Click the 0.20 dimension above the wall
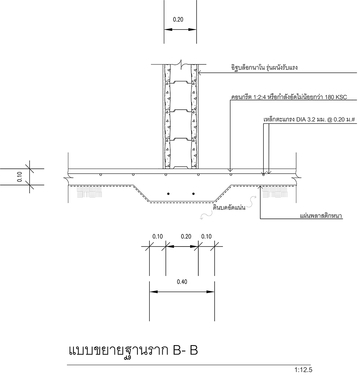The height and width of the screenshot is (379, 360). coord(178,19)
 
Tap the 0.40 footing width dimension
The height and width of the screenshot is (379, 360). coord(182,281)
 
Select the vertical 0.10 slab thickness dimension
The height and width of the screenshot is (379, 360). coord(19,177)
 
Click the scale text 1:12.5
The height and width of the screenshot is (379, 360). coord(303,370)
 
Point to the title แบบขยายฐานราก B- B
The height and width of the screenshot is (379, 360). coord(134,351)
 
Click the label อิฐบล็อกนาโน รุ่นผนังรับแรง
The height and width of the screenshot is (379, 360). coord(264,67)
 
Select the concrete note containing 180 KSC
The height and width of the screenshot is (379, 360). coord(289,97)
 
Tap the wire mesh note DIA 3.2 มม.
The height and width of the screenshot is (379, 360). coord(309,119)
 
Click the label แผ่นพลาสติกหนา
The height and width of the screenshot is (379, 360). coord(321,216)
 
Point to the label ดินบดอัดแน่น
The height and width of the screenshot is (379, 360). coord(229,207)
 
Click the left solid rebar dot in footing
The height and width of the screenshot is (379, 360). coord(168,194)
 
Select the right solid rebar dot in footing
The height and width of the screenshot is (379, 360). coord(193,194)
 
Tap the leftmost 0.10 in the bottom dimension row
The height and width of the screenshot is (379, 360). coord(157,236)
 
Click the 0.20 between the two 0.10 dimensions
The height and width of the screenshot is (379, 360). coord(186,236)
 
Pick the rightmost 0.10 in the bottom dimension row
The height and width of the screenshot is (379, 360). coord(206,236)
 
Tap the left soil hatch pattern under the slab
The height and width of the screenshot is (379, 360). coord(89,192)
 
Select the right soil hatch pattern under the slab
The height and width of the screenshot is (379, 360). coord(275,192)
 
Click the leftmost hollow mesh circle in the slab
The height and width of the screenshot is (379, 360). coord(100,175)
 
